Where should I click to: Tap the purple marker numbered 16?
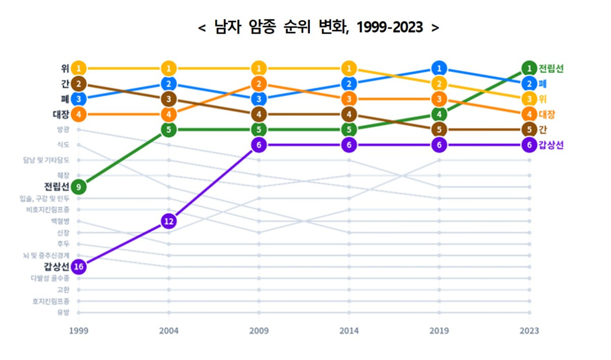78,266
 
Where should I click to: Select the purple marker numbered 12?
169,221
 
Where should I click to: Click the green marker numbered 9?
78,187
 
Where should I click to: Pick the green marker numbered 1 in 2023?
529,68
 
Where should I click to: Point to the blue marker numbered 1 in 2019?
439,68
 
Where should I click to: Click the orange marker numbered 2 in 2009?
259,84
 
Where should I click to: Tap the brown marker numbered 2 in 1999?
78,84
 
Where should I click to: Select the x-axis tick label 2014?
349,331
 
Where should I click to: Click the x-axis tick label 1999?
78,331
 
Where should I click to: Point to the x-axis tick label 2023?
529,331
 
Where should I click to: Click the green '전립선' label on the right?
551,68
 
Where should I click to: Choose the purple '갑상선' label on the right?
551,145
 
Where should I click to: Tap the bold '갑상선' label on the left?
56,266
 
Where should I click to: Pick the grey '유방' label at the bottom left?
63,313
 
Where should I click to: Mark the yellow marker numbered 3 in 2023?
529,99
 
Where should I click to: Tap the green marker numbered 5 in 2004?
169,130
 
